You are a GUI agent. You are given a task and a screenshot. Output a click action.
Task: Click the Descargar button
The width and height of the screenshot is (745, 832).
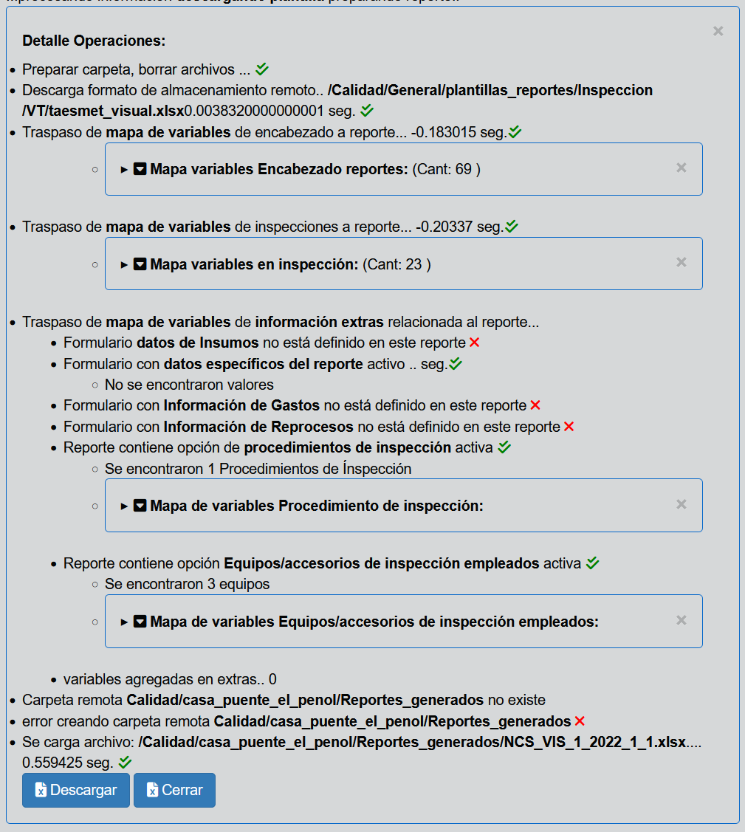click(x=76, y=790)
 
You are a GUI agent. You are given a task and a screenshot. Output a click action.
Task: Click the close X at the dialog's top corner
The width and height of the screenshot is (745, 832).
click(x=718, y=31)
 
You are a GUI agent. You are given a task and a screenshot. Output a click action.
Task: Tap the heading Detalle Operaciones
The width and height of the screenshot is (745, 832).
click(x=94, y=41)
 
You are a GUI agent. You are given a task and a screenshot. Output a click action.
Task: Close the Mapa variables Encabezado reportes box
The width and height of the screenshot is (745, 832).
click(x=682, y=168)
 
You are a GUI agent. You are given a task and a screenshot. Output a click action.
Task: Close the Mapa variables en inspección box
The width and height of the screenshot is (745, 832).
click(x=682, y=262)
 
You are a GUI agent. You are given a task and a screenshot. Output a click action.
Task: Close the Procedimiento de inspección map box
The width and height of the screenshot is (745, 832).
click(x=682, y=504)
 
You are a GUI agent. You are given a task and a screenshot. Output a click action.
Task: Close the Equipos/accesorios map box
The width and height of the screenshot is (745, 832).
click(x=682, y=620)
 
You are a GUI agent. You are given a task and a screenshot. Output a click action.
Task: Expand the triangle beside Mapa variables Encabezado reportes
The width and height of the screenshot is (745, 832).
click(x=124, y=170)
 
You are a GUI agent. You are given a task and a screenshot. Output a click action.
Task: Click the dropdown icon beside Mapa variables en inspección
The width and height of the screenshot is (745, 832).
click(x=140, y=264)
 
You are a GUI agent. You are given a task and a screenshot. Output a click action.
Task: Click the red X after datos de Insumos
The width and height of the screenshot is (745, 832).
click(x=474, y=343)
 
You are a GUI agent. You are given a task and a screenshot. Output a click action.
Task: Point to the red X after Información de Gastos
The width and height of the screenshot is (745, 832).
click(x=535, y=405)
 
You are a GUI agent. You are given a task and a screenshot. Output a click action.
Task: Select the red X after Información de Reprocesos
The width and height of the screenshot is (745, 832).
click(x=569, y=427)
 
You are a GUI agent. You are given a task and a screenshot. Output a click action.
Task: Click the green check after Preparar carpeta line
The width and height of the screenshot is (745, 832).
click(x=262, y=69)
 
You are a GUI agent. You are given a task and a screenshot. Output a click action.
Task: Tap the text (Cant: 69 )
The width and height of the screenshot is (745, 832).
click(x=446, y=169)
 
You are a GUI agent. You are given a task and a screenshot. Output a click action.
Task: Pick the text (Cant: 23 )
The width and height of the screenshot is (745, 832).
click(x=396, y=264)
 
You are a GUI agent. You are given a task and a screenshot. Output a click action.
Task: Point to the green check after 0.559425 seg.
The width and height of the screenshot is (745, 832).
click(x=125, y=762)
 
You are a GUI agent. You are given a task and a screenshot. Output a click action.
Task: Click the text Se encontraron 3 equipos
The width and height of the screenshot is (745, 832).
click(x=187, y=584)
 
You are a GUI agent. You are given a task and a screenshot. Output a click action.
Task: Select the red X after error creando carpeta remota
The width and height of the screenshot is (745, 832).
click(x=580, y=721)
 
